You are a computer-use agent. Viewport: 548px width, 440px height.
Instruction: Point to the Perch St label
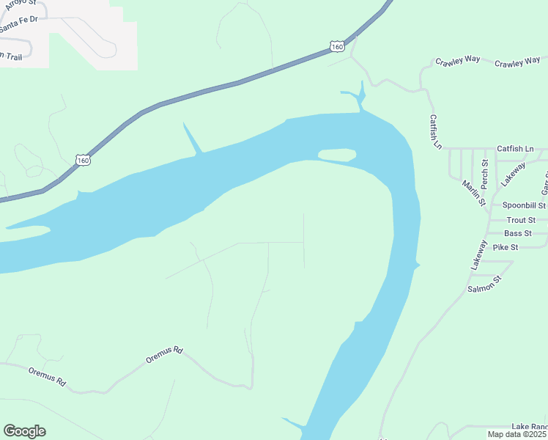(x=484, y=172)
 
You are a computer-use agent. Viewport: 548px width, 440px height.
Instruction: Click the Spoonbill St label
(x=524, y=206)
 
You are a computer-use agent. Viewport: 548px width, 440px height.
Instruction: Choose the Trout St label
(x=521, y=220)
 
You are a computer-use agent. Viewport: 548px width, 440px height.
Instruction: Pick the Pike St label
(x=506, y=247)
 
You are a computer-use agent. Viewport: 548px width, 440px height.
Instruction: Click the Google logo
(x=24, y=431)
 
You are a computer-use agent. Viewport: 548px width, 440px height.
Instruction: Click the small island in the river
(x=337, y=155)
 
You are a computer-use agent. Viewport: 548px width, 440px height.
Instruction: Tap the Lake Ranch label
(x=529, y=426)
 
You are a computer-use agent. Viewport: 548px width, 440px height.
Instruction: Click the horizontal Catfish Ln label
(x=516, y=149)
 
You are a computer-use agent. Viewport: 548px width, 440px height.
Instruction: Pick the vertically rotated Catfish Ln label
(x=436, y=132)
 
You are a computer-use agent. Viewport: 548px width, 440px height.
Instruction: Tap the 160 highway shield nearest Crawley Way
(x=336, y=46)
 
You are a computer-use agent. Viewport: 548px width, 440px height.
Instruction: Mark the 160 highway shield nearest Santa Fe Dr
(x=82, y=159)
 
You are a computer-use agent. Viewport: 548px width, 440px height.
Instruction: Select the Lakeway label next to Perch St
(x=513, y=174)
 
